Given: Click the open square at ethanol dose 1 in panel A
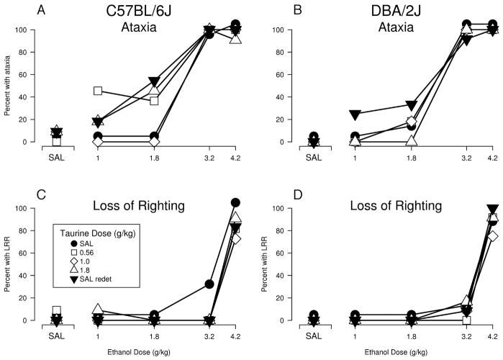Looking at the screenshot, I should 98,91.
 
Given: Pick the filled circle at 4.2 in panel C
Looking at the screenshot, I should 235,203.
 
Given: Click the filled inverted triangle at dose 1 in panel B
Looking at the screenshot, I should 354,114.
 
